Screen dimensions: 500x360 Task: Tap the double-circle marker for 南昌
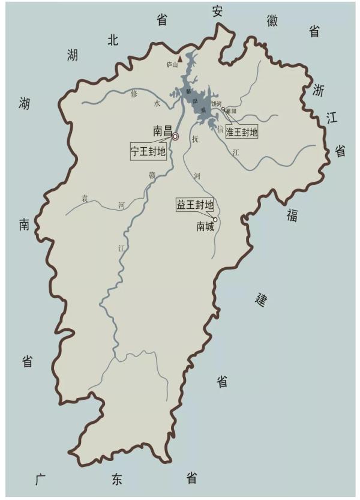(175, 137)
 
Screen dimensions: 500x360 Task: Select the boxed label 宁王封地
(148, 151)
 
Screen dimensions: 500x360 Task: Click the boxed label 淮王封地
(241, 131)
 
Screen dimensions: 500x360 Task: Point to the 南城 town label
(205, 227)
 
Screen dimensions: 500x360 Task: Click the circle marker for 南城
(215, 220)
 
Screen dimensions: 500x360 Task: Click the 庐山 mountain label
(172, 66)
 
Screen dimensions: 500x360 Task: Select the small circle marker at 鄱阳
(223, 109)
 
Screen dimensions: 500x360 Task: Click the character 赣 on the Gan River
(152, 175)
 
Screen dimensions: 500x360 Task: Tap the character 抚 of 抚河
(194, 139)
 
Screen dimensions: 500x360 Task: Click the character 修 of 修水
(134, 94)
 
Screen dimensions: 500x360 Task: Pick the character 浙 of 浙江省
(318, 90)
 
